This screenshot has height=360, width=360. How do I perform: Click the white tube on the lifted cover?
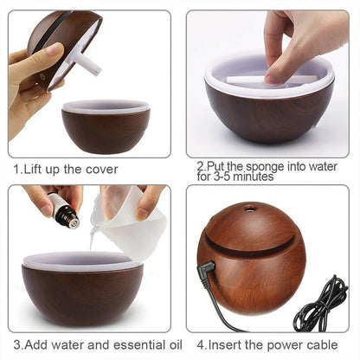[x=88, y=61]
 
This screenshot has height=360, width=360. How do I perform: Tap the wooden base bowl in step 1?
[x=106, y=130]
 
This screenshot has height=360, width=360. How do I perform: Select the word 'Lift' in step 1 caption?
[x=33, y=169]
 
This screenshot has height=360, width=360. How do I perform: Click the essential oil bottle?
[x=62, y=211]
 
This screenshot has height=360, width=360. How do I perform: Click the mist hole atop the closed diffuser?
[x=250, y=209]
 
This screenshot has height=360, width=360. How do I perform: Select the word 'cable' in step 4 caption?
[x=333, y=346]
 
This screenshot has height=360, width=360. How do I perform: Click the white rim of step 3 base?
[x=82, y=260]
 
